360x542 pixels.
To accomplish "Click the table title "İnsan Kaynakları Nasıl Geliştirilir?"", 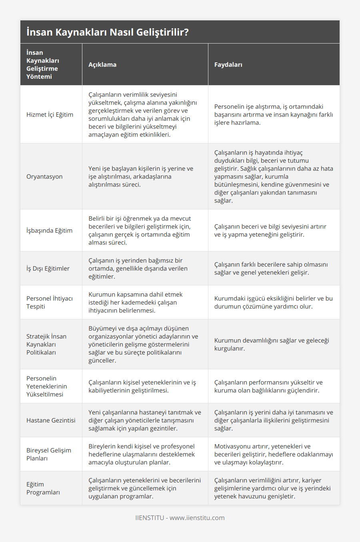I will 107,32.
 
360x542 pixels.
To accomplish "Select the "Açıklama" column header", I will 102,64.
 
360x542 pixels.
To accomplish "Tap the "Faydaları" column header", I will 228,64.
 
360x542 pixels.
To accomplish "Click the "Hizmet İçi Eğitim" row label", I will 50,114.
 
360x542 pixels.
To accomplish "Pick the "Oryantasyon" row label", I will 44,176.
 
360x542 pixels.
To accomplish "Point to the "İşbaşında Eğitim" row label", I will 49,230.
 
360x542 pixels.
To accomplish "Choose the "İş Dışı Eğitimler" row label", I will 48,268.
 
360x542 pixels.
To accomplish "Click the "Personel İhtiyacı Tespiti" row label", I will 50,302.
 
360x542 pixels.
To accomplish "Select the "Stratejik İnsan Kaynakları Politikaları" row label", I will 46,344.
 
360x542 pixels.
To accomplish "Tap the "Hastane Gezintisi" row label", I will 51,420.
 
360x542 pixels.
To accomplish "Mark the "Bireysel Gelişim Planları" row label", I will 49,454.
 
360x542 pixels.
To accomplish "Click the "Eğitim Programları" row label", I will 43,488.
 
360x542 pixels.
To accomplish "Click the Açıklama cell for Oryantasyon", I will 141,176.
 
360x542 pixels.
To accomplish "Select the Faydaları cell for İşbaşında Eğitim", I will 270,230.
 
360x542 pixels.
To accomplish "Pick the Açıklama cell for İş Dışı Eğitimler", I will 138,268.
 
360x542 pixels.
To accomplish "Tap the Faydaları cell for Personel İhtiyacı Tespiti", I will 273,302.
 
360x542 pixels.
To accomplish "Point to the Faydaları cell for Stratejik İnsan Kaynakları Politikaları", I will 272,344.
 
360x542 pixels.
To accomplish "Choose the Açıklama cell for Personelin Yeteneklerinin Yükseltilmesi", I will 142,386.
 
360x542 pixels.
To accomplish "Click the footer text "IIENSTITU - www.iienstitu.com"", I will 180,518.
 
